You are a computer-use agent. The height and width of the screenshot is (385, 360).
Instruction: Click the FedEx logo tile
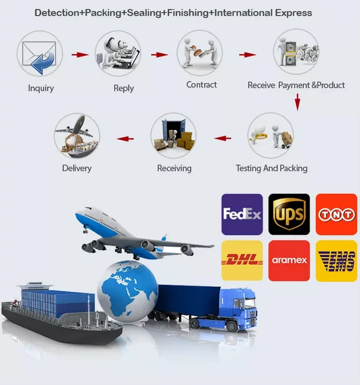[x=242, y=214]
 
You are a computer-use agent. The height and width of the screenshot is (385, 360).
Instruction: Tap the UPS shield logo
[x=289, y=214]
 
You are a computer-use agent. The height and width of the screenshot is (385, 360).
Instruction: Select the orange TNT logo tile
[x=336, y=214]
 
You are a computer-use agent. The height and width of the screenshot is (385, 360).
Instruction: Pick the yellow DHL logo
[x=242, y=260]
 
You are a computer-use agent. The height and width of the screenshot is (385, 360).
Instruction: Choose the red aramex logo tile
[x=289, y=260]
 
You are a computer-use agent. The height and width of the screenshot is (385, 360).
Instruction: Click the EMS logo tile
[x=336, y=260]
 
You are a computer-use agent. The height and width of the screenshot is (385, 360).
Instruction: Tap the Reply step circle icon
[x=118, y=54]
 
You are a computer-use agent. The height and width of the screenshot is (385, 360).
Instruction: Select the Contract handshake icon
[x=200, y=53]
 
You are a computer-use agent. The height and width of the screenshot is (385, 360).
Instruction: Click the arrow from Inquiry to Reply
[x=80, y=55]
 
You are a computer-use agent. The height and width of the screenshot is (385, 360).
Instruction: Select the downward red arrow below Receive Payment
[x=297, y=101]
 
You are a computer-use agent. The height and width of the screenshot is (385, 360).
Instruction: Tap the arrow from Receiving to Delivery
[x=125, y=138]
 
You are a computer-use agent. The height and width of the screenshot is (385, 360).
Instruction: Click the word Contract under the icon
[x=201, y=85]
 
